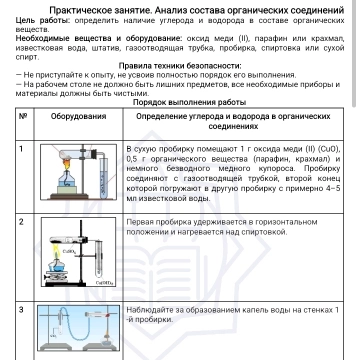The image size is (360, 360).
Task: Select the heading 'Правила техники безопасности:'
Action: (x=180, y=67)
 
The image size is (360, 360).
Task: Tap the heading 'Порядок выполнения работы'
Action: (x=180, y=102)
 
